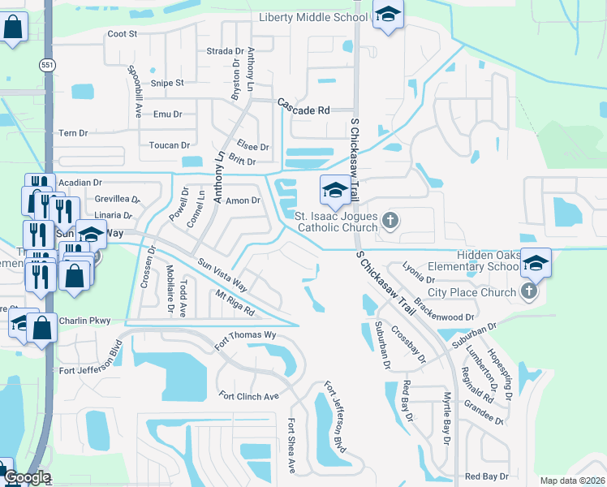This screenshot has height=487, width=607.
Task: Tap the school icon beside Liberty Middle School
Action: pos(389,15)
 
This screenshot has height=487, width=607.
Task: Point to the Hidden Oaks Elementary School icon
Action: pos(536,263)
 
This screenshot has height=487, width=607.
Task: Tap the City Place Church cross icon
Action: pos(529,291)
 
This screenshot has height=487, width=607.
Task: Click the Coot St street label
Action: pos(123,34)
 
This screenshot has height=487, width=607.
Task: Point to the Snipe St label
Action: pos(169,83)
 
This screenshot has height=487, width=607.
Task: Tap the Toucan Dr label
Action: pos(169,145)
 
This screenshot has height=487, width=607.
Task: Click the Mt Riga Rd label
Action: pos(234,304)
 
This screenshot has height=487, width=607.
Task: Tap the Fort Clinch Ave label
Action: pos(249,396)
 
